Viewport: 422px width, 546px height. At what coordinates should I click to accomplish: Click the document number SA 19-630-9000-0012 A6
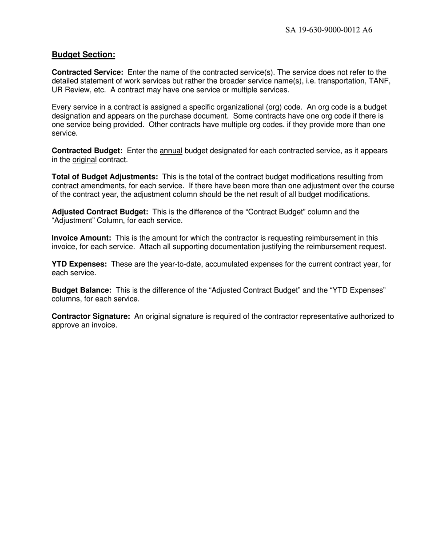pyautogui.click(x=329, y=30)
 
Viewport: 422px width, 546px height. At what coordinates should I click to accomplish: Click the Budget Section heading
pyautogui.click(x=84, y=55)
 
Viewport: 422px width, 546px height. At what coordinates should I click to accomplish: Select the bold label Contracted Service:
pyautogui.click(x=88, y=72)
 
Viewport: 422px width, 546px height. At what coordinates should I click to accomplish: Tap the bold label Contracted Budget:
pyautogui.click(x=87, y=151)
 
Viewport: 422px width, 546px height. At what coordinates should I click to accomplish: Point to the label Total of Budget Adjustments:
pyautogui.click(x=105, y=177)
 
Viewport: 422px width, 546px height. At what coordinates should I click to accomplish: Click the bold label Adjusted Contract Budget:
pyautogui.click(x=100, y=212)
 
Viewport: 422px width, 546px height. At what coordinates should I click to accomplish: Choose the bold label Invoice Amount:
pyautogui.click(x=81, y=238)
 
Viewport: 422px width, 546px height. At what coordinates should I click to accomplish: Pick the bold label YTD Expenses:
pyautogui.click(x=80, y=264)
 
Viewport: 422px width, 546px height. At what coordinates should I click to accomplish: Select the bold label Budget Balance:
pyautogui.click(x=81, y=290)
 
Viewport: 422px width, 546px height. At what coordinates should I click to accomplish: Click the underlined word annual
pyautogui.click(x=171, y=151)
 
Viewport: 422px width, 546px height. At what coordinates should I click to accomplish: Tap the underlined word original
pyautogui.click(x=84, y=160)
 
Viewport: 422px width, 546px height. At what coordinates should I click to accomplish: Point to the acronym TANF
pyautogui.click(x=380, y=81)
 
